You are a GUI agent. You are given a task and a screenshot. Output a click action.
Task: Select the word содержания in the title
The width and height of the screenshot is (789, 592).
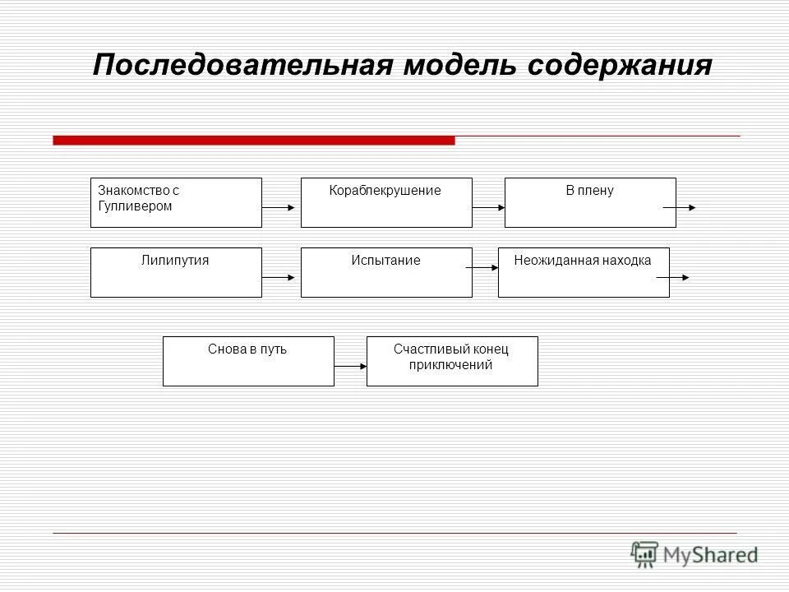(x=620, y=65)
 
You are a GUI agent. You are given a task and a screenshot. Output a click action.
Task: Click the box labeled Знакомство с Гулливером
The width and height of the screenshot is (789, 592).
(x=176, y=202)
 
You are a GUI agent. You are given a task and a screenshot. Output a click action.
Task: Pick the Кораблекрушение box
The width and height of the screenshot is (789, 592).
(x=386, y=202)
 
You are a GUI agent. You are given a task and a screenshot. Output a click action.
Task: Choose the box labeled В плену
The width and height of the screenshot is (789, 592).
(x=590, y=202)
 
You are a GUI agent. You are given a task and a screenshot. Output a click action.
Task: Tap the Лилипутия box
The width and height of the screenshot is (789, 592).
(x=176, y=272)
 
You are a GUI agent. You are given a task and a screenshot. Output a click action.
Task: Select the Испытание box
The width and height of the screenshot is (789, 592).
(x=386, y=272)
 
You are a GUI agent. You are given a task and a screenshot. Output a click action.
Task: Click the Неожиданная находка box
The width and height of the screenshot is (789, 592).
(x=584, y=272)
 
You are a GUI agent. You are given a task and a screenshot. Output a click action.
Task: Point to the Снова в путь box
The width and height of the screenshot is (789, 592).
(x=248, y=361)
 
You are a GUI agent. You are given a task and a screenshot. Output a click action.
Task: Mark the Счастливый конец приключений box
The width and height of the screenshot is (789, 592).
(x=452, y=361)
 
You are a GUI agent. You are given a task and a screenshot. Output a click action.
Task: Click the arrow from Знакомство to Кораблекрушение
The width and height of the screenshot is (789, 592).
(x=279, y=208)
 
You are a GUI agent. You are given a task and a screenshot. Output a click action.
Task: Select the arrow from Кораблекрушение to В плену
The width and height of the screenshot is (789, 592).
(x=489, y=208)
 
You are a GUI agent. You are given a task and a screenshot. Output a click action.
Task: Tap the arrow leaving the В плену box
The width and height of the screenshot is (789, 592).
(x=680, y=208)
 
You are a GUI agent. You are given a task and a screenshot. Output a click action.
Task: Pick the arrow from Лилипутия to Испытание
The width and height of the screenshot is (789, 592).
(x=279, y=278)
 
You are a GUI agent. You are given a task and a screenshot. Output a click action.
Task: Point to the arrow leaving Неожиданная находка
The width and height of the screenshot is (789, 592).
(x=673, y=278)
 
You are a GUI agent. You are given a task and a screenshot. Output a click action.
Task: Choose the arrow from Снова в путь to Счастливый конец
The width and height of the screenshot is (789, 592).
(x=351, y=367)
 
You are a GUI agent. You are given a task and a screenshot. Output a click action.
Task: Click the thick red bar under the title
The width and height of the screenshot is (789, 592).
(x=253, y=141)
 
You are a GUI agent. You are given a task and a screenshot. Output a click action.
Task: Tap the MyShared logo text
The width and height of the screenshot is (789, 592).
(x=709, y=554)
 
